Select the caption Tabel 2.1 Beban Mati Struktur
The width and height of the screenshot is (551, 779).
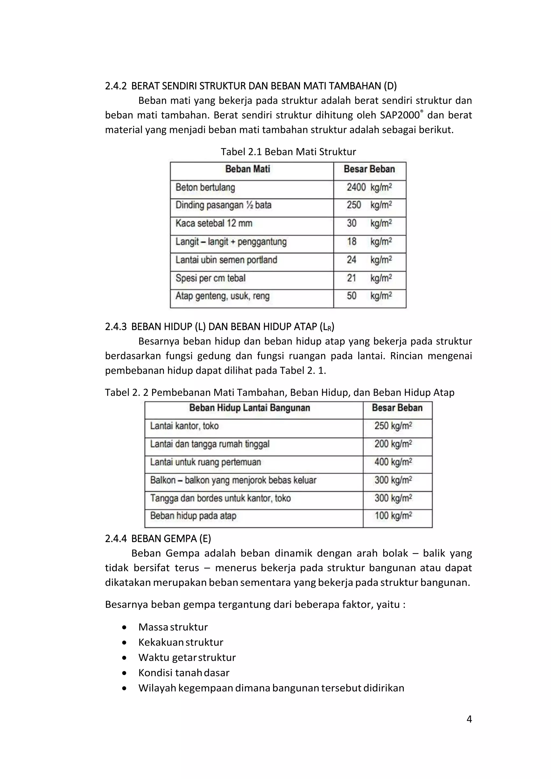click(288, 152)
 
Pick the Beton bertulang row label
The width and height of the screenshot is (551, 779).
click(205, 188)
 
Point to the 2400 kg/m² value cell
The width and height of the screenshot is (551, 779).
click(369, 188)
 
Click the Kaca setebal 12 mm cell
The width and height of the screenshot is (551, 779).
click(214, 224)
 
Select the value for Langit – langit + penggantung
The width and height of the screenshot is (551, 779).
click(369, 242)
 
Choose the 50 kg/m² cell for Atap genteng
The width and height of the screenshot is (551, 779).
click(369, 296)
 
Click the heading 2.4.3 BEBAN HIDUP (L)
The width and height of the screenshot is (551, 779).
click(219, 327)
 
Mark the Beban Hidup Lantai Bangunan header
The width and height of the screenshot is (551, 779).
click(249, 408)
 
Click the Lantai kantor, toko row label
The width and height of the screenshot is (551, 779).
click(184, 426)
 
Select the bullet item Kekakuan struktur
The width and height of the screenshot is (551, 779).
click(181, 642)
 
